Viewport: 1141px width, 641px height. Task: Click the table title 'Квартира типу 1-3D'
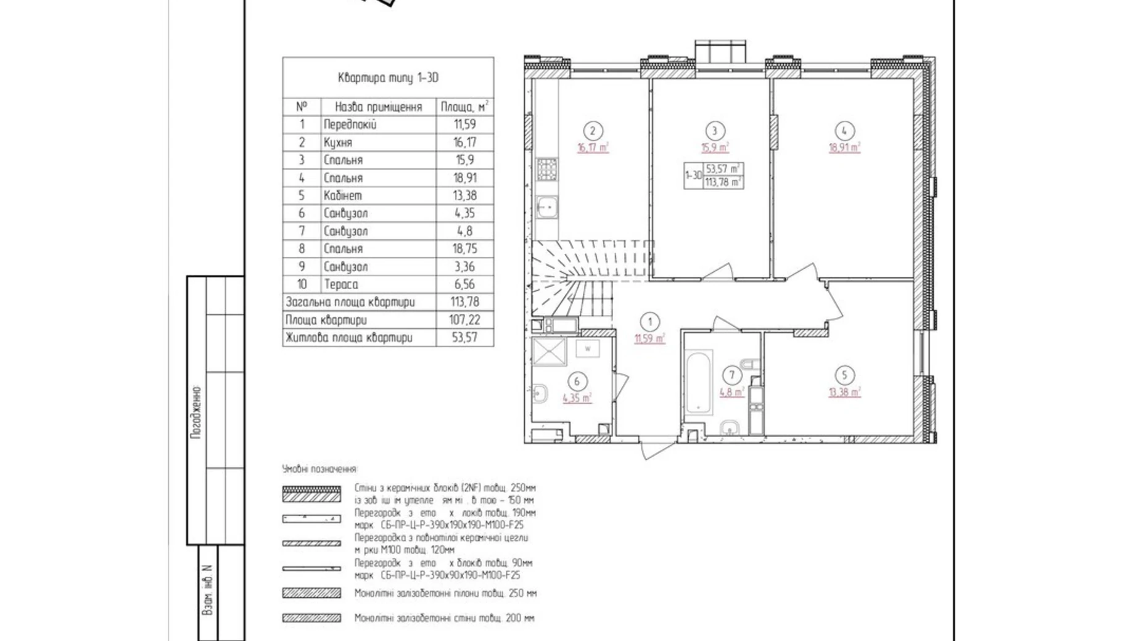click(388, 78)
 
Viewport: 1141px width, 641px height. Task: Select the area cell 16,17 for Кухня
click(464, 142)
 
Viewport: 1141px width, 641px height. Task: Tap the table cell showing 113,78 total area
click(464, 302)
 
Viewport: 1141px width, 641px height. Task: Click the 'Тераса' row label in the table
click(340, 284)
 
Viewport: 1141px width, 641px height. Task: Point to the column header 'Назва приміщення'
click(378, 107)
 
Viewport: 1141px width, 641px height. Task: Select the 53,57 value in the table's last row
click(464, 338)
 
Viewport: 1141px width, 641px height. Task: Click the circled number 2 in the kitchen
click(593, 131)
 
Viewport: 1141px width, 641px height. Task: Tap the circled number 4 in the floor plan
click(844, 131)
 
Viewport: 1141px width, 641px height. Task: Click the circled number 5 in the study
click(844, 375)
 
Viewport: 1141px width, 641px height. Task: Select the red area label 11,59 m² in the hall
click(650, 338)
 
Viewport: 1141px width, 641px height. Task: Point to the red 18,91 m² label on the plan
click(844, 148)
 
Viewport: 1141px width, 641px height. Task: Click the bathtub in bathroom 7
click(699, 382)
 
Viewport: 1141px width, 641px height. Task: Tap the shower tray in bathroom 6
click(549, 351)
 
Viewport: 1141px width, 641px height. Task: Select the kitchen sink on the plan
click(546, 206)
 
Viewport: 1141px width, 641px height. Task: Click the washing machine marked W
click(588, 349)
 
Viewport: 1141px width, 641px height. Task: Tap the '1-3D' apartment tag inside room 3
click(693, 175)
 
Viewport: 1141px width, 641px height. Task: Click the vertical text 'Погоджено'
click(196, 412)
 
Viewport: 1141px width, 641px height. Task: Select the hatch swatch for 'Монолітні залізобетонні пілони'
click(311, 593)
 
